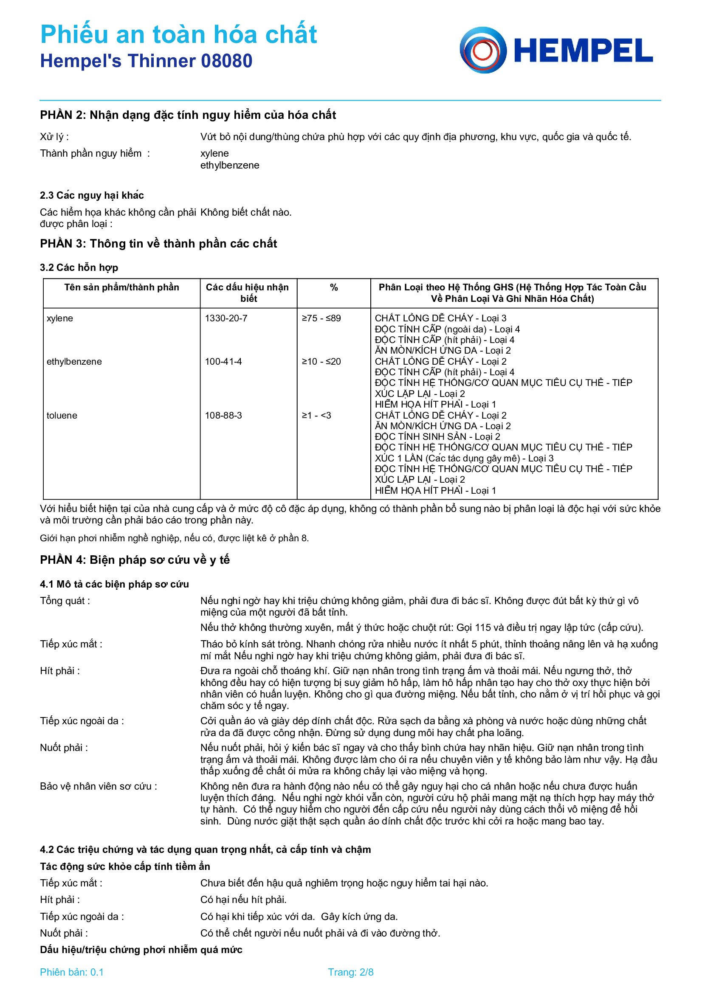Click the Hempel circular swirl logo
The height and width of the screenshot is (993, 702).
click(x=483, y=50)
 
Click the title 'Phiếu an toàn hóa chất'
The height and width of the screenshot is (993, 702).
click(x=178, y=34)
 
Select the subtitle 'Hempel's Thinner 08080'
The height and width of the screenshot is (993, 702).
click(x=146, y=61)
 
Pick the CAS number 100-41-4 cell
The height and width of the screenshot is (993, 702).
click(x=223, y=362)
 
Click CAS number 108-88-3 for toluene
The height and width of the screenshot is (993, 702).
click(x=223, y=416)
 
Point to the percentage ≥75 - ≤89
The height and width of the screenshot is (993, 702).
click(x=321, y=318)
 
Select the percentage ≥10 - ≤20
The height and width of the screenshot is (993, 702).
click(x=321, y=362)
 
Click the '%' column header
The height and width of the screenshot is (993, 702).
click(x=333, y=287)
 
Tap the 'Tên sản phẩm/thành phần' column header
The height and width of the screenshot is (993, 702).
click(x=121, y=287)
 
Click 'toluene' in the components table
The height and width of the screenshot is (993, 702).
click(x=62, y=416)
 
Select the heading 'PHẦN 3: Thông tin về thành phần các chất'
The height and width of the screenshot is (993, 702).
click(x=158, y=244)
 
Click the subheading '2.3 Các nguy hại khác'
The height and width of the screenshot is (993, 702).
click(x=92, y=195)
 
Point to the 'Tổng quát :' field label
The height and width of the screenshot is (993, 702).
click(x=65, y=601)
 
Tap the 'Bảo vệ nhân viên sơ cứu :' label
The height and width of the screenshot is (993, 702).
click(x=98, y=786)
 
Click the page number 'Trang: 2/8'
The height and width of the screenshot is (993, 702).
click(x=350, y=972)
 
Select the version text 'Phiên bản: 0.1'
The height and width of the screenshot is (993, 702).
click(x=72, y=972)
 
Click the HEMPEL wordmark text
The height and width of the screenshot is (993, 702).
click(x=583, y=51)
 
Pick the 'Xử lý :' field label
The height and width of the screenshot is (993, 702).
click(x=54, y=137)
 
